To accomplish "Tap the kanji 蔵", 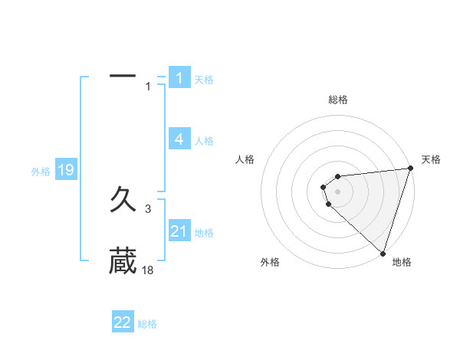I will point(123,260).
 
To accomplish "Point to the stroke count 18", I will point(148,270).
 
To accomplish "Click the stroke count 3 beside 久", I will point(149,208).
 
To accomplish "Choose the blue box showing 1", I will point(179,78).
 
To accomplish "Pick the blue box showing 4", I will point(179,139).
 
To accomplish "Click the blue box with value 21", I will point(179,231).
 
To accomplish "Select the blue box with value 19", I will point(66,170).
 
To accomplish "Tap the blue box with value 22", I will point(123,322).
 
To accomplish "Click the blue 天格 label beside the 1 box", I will point(204,80).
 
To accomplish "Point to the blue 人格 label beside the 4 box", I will point(204,141).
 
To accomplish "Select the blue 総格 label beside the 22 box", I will point(147,324).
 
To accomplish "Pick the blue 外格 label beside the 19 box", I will point(41,172).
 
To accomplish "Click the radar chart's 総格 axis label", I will point(338,100).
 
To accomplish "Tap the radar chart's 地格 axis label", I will point(402,263).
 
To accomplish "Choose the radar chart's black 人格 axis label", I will point(245,159).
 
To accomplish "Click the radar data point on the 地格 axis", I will point(383,253).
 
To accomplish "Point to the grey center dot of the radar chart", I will point(337,189).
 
